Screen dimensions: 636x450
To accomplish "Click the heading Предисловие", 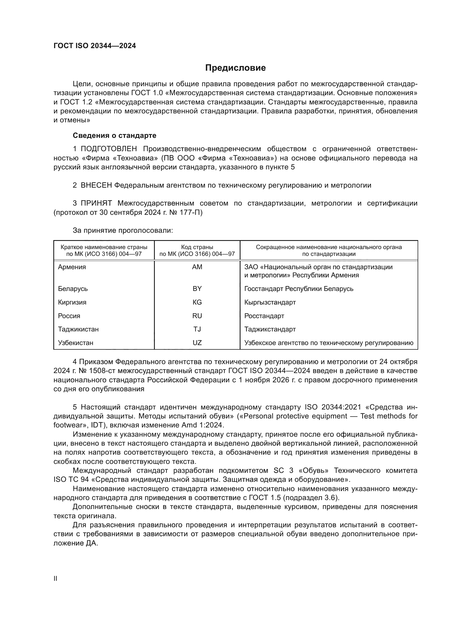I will (x=235, y=68).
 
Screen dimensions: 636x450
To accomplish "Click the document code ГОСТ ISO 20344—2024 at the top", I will (x=94, y=46).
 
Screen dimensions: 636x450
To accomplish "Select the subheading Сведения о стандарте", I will (x=115, y=135).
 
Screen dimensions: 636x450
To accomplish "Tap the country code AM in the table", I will (x=197, y=267).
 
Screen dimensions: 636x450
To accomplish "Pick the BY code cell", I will (x=197, y=289).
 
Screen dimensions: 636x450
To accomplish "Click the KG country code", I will (x=197, y=302).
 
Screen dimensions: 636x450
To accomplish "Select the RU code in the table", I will (x=197, y=316).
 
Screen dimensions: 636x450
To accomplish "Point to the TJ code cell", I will (x=197, y=329).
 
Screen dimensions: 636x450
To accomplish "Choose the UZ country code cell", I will (x=197, y=343).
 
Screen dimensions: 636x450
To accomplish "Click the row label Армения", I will (x=72, y=267).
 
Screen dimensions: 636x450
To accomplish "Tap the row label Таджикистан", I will (x=78, y=329).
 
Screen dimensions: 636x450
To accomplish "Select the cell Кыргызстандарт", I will (x=270, y=302).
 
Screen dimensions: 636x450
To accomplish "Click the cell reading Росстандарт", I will (x=264, y=316).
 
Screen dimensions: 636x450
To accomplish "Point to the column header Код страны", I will (x=197, y=247).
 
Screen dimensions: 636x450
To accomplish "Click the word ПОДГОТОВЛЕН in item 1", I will (x=109, y=149).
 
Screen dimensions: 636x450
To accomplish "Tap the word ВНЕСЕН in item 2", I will (x=96, y=185).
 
